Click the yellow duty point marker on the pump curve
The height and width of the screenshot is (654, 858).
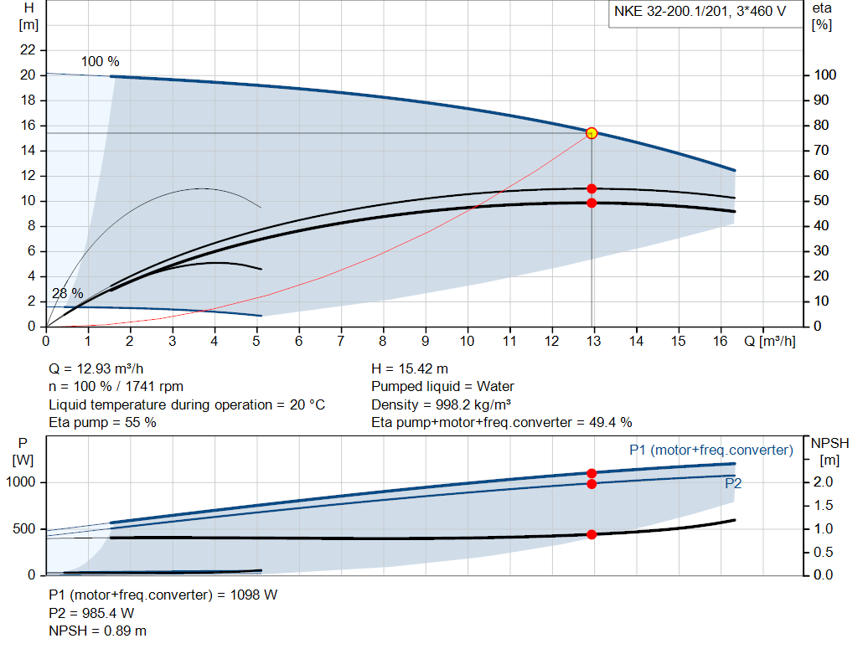click(x=592, y=132)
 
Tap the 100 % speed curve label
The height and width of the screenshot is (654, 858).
click(x=101, y=62)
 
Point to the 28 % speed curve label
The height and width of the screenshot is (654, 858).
click(x=68, y=294)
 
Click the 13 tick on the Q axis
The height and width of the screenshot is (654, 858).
click(x=594, y=341)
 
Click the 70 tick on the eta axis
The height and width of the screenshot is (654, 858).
click(x=823, y=151)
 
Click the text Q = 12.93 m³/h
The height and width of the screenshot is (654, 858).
click(x=101, y=368)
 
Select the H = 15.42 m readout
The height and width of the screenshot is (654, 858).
click(x=410, y=368)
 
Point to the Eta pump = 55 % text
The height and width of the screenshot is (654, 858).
click(x=102, y=422)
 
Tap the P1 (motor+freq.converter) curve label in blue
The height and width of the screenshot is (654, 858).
click(x=711, y=451)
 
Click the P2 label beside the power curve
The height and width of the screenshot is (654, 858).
click(x=733, y=483)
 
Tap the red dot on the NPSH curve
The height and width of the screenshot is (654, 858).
click(x=592, y=534)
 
